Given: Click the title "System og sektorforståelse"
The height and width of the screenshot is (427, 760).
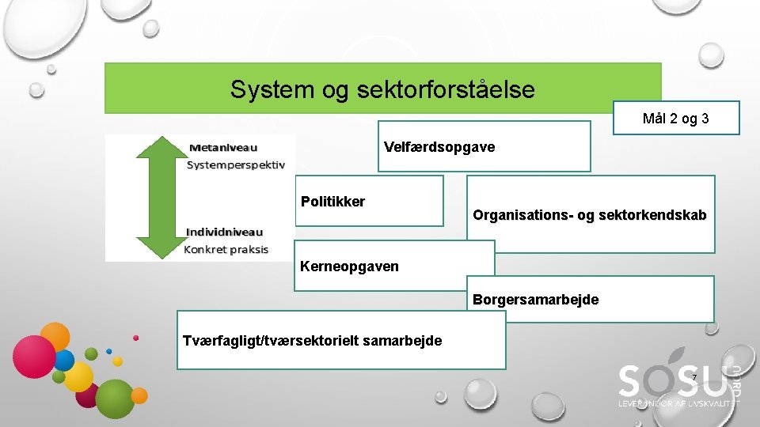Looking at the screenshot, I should coord(382,89).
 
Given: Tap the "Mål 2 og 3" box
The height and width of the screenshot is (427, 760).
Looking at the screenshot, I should coord(675,119).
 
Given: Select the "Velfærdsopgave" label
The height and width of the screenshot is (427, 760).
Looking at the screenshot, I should coord(439,147).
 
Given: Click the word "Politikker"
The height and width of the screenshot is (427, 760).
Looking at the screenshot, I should coord(332,202).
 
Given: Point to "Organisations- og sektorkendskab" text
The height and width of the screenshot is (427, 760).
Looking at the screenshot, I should coord(589,215).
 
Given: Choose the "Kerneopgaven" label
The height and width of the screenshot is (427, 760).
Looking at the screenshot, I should coord(349,266).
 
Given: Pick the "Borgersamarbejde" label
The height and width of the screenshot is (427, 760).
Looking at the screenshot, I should coord(535,300).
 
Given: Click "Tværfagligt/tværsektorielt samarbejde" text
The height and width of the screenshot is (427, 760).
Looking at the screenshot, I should coord(312,341).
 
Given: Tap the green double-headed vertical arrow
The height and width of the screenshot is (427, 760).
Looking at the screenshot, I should coord(163,197).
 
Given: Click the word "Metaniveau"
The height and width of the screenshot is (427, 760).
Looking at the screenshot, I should coord(223,147).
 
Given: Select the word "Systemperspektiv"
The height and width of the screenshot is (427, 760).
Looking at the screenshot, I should coord(235,164).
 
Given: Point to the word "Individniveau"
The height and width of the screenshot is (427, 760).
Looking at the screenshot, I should coord(224,232).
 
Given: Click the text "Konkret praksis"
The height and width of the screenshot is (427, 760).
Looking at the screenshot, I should coord(226,249).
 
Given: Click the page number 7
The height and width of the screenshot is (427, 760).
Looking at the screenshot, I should coord(693,378).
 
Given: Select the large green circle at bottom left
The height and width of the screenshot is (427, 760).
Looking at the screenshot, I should coord(116,399).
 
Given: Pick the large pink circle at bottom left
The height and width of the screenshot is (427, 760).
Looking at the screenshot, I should coord(34,355).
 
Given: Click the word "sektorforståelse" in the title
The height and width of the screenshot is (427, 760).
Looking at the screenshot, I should coord(451,89).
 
